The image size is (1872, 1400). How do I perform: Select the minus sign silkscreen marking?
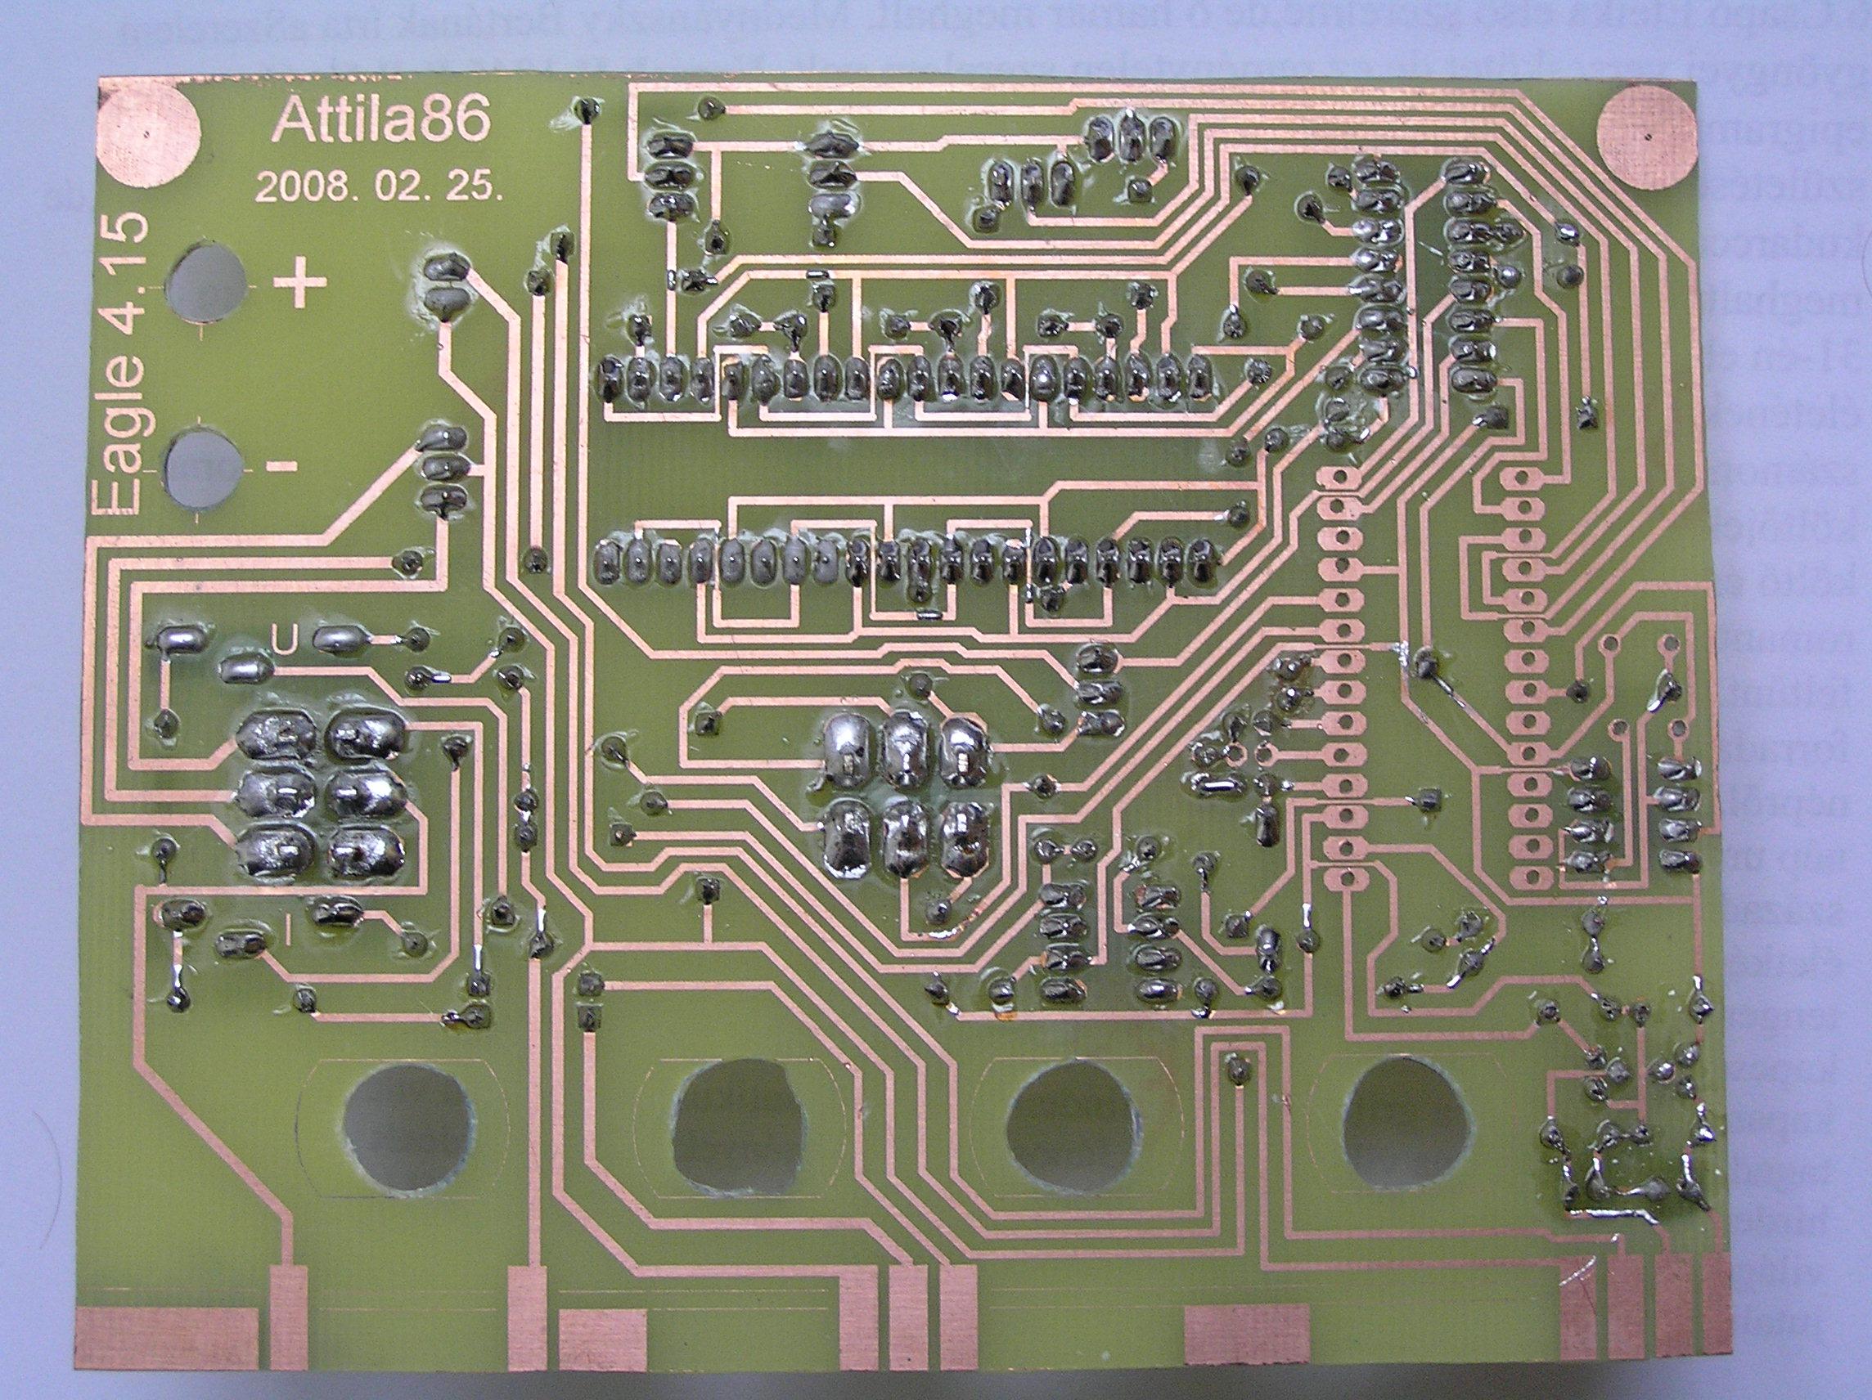coord(281,465)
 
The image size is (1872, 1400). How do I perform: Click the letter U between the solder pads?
coord(286,643)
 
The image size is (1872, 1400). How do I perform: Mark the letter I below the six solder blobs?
coord(289,935)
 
